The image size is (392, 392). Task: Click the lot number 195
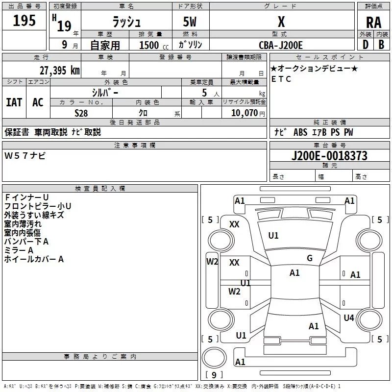(24, 20)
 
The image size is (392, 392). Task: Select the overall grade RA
(374, 23)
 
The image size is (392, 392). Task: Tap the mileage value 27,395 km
(60, 71)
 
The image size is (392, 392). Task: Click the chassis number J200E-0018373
(329, 156)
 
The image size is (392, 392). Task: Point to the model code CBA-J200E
(281, 45)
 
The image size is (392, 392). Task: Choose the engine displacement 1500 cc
(154, 45)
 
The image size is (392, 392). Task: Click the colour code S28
(81, 113)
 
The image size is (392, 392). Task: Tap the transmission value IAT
(14, 102)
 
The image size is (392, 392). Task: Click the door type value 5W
(190, 22)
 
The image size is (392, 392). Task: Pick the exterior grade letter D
(366, 45)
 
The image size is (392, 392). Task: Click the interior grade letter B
(381, 45)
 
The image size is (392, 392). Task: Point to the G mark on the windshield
(310, 258)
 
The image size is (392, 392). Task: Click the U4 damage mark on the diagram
(349, 318)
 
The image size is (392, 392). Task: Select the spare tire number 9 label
(214, 375)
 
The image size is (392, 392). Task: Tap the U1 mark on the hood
(273, 236)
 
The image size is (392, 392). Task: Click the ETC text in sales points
(281, 79)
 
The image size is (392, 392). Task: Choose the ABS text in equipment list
(300, 132)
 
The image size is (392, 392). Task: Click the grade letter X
(281, 22)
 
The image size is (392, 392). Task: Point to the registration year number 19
(64, 26)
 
